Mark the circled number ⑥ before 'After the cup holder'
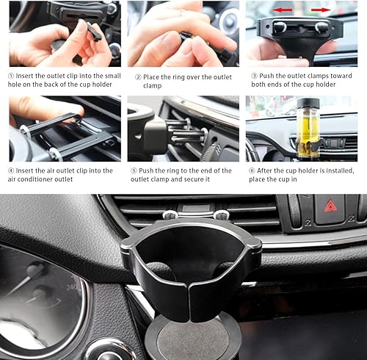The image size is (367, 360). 252,170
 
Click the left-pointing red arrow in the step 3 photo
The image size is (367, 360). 282,10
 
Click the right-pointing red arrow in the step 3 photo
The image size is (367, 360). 321,10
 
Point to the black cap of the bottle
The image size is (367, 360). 309,103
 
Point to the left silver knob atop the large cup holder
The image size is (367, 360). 170,215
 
